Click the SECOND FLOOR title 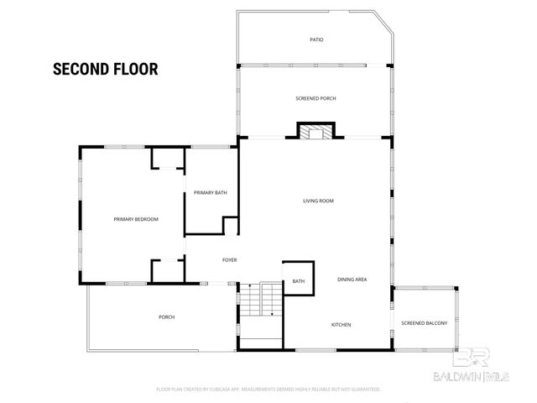click(x=106, y=69)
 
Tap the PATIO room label click(x=316, y=39)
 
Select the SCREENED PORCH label click(x=316, y=98)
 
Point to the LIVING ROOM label click(x=319, y=201)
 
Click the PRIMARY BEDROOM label click(x=136, y=219)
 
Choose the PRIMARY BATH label click(x=211, y=193)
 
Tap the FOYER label click(x=229, y=260)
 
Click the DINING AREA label click(x=352, y=279)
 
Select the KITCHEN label click(x=341, y=325)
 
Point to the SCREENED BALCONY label click(x=424, y=323)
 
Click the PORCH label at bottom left click(x=166, y=317)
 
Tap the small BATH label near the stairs click(x=299, y=281)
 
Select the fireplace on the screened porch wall click(x=315, y=131)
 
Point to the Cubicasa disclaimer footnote click(x=268, y=390)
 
